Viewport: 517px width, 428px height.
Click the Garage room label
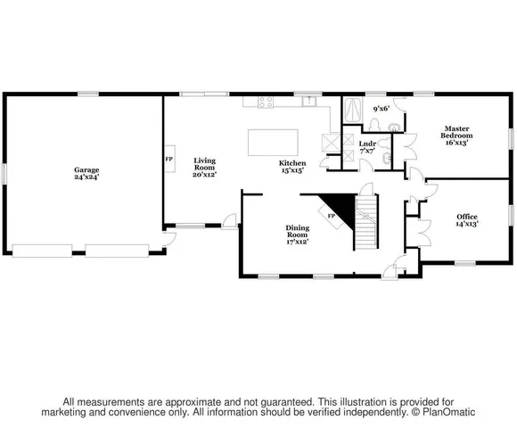point(86,169)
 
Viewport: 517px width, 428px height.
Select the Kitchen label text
point(292,163)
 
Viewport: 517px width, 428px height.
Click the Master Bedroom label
point(456,133)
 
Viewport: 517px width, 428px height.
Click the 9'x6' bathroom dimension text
point(382,109)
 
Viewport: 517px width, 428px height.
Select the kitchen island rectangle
point(271,142)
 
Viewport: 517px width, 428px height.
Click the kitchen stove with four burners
point(266,102)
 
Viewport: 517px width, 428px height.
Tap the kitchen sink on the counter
point(308,101)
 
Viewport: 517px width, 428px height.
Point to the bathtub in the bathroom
point(353,111)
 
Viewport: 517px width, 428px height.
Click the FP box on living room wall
point(168,159)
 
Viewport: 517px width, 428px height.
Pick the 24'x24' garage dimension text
point(86,177)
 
